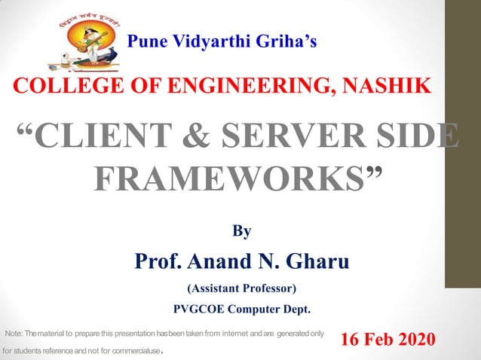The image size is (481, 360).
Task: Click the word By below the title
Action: (x=240, y=231)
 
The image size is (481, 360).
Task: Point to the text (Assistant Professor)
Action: (x=241, y=288)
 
